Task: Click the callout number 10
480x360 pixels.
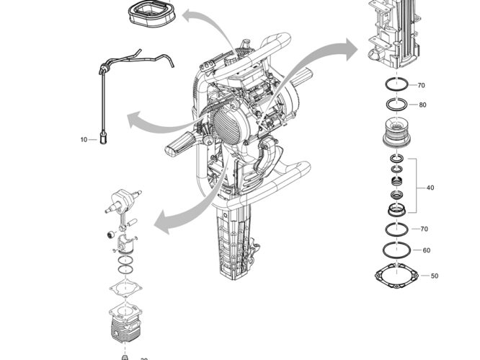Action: tap(83, 139)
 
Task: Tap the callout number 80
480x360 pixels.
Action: tap(422, 105)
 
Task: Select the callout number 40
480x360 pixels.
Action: tap(430, 188)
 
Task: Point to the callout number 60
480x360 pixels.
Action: tap(427, 250)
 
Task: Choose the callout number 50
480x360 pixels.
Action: tap(434, 276)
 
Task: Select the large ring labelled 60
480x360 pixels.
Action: tap(395, 252)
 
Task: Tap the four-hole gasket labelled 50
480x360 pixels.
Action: tap(395, 276)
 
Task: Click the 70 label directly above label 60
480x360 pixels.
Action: tap(425, 229)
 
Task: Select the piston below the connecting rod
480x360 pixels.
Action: tap(126, 245)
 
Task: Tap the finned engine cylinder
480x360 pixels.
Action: tap(125, 325)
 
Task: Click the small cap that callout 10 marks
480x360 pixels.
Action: tap(102, 135)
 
